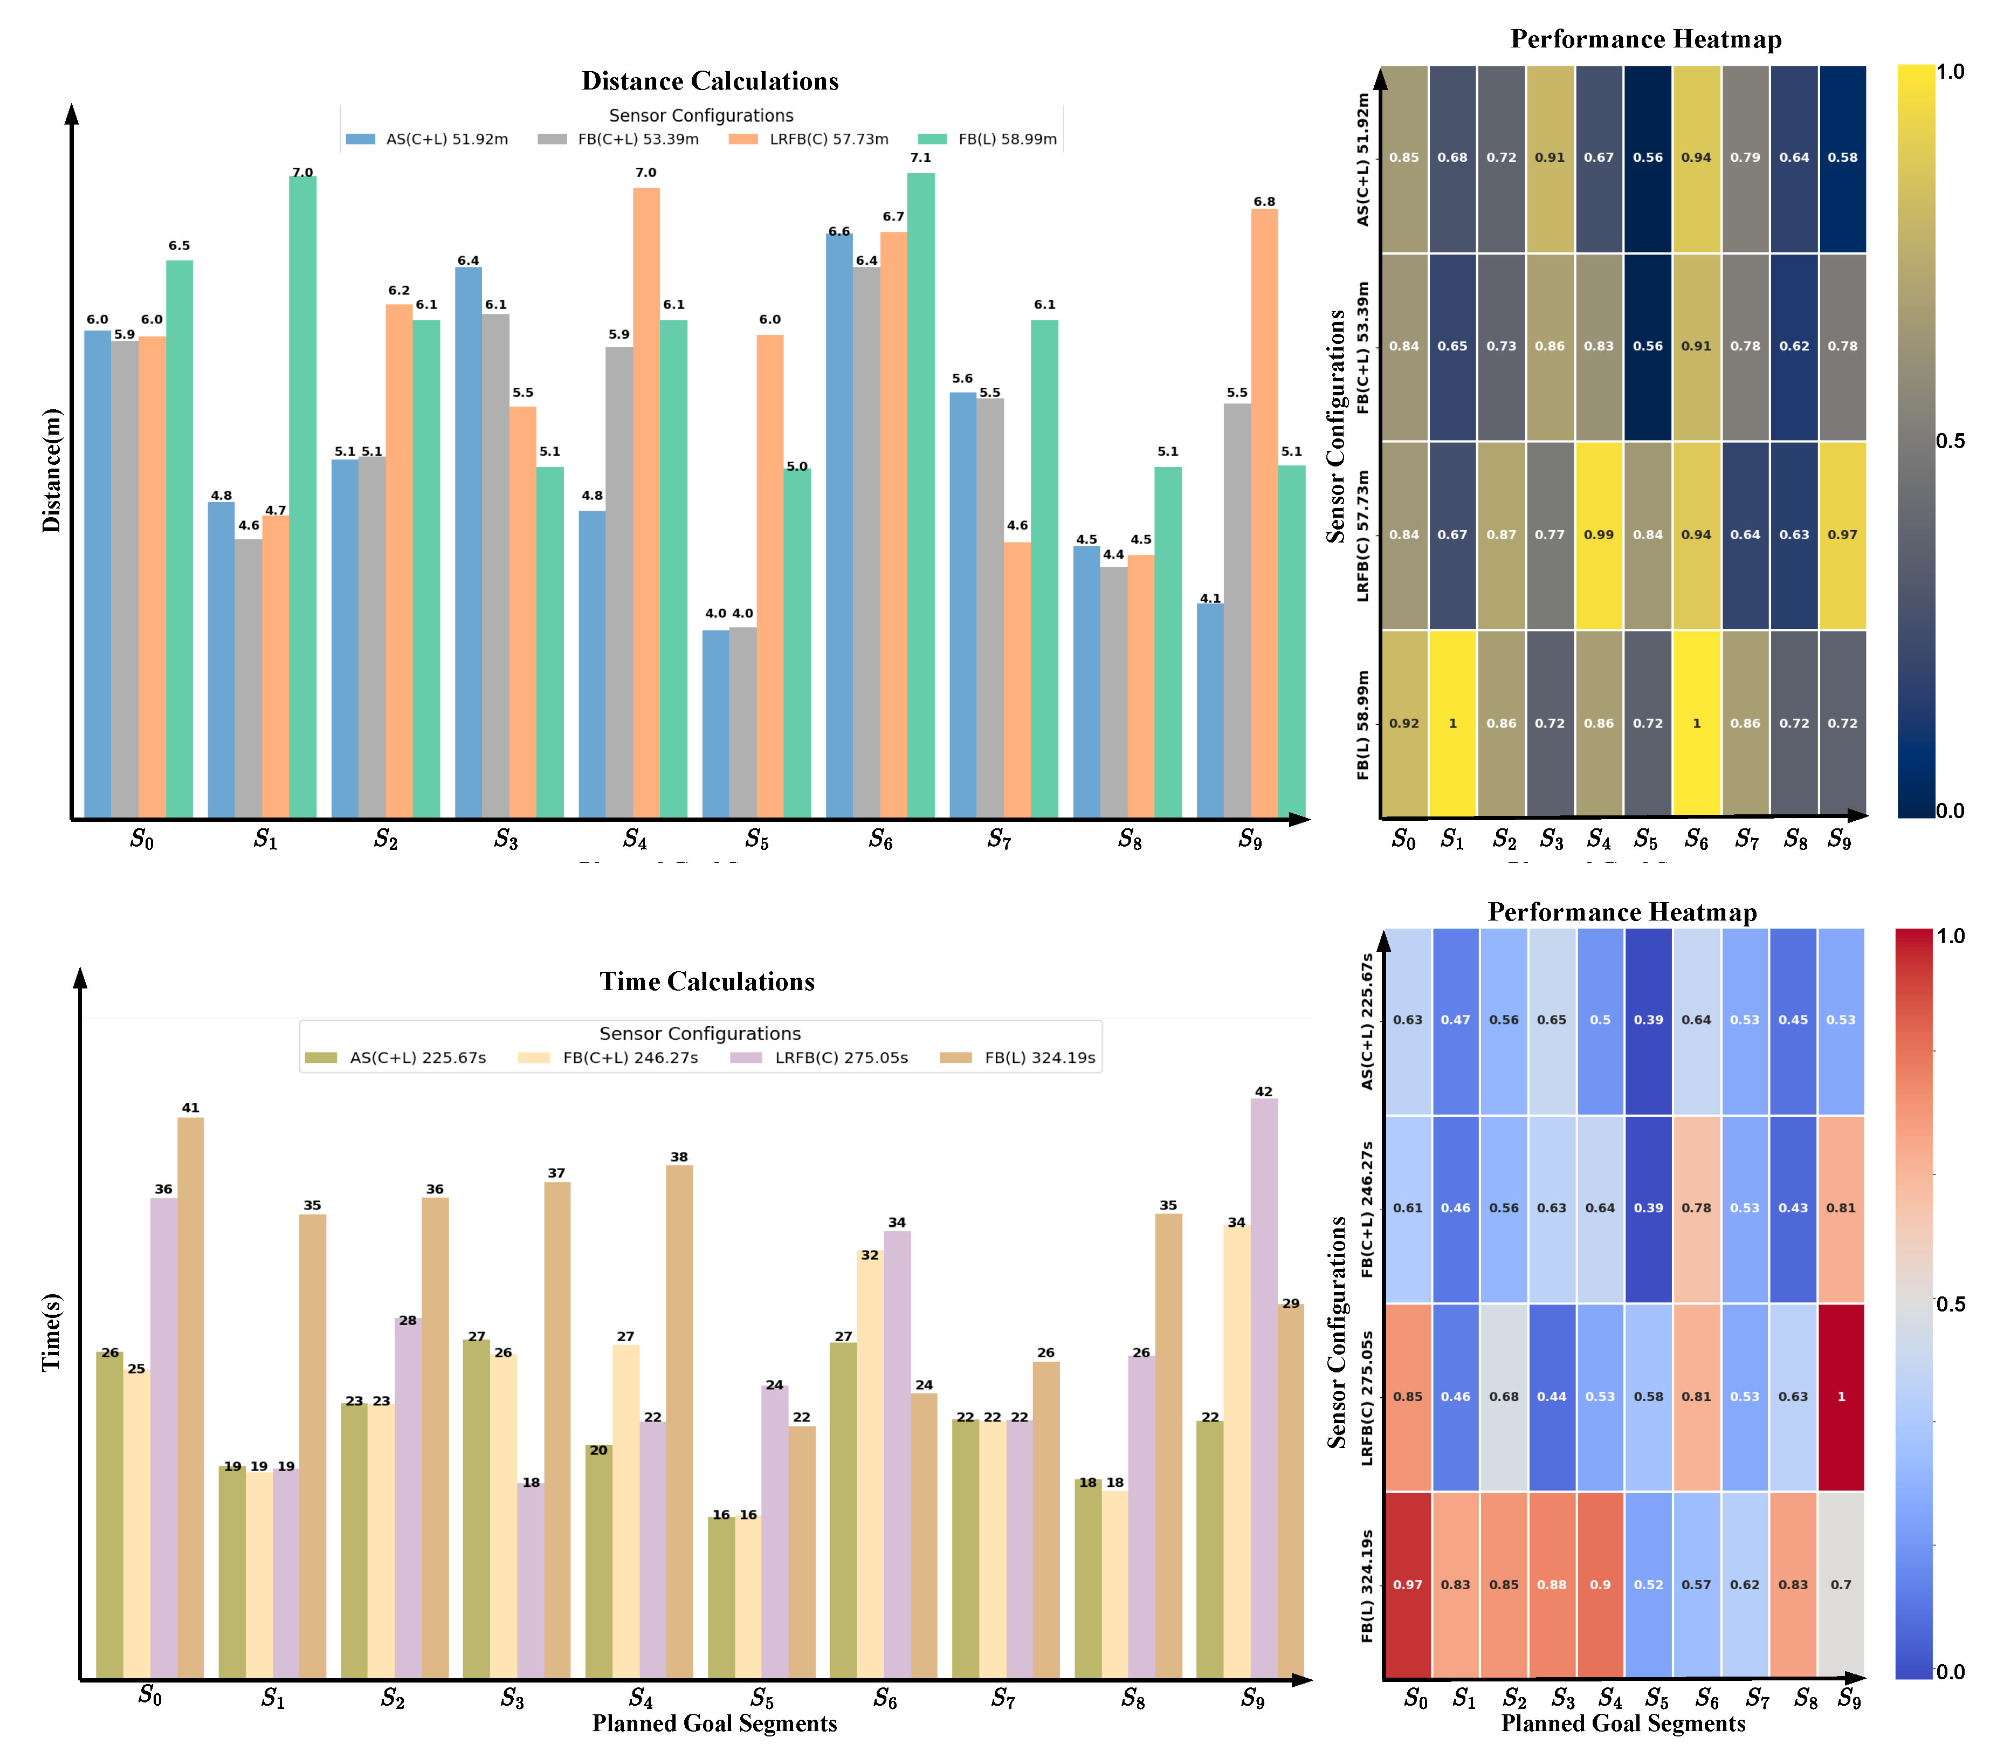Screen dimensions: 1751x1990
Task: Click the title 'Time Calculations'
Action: (x=707, y=981)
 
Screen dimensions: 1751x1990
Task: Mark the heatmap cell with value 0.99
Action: (x=1599, y=534)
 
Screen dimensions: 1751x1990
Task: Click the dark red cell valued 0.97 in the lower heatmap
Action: (x=1407, y=1584)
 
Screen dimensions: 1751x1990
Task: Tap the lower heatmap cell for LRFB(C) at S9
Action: (x=1840, y=1397)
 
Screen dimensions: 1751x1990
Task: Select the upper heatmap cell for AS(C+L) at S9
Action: (x=1842, y=158)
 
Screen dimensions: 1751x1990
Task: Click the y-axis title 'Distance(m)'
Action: (x=52, y=470)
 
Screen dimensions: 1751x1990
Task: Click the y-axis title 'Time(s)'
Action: (x=52, y=1332)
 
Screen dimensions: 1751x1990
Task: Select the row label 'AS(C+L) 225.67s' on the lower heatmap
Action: (x=1367, y=1021)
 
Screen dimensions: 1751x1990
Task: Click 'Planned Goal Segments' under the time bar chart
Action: (x=714, y=1723)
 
